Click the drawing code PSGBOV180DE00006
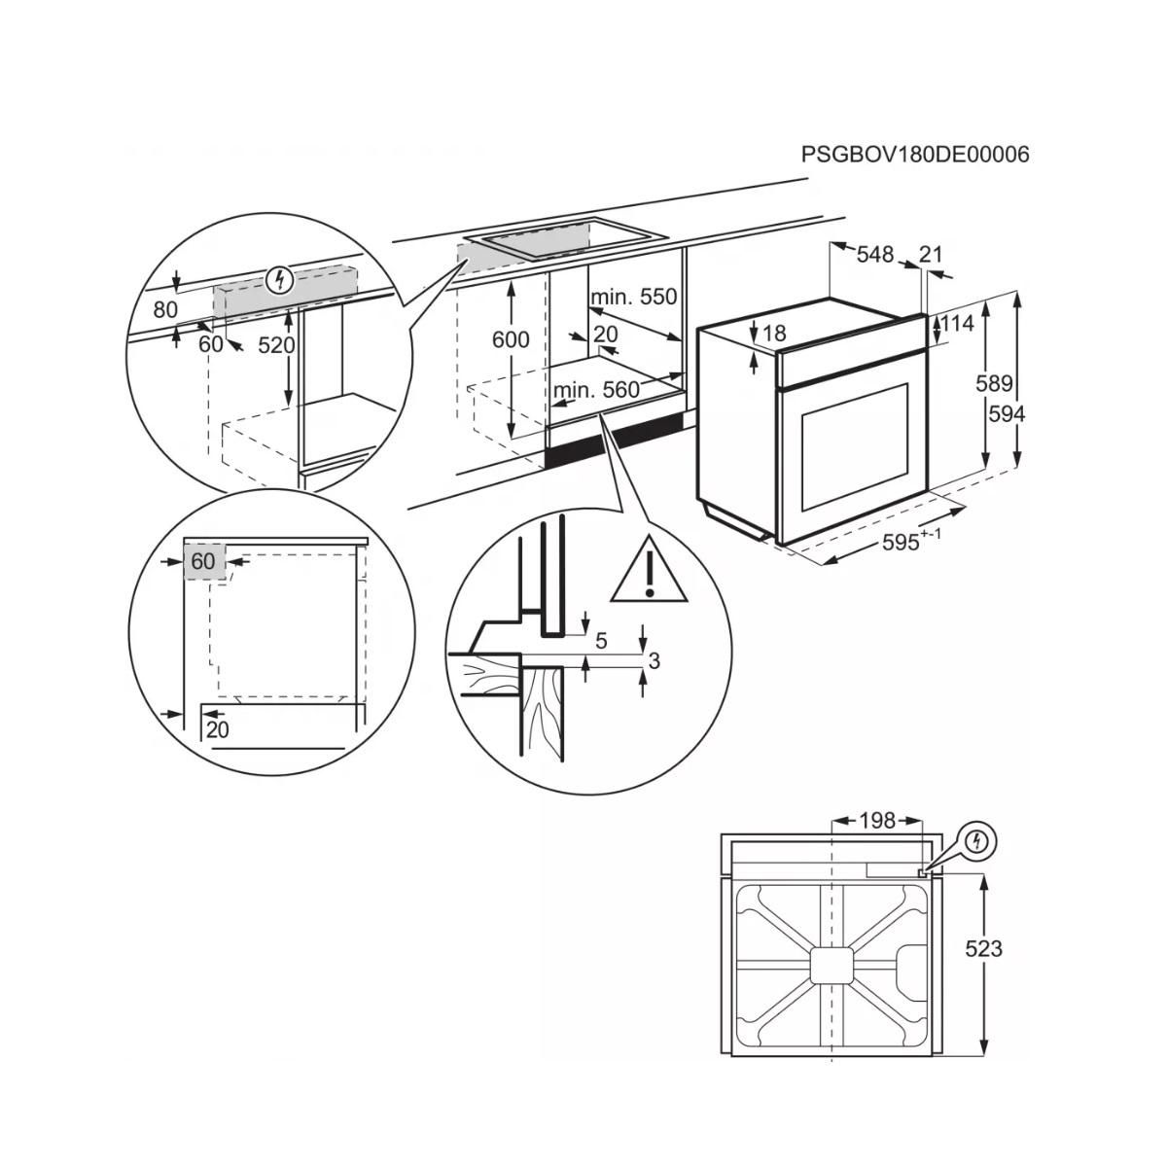pos(914,154)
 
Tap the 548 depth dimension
pos(874,255)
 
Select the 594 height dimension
pos(1007,414)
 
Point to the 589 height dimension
pos(994,383)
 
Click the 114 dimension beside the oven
pos(957,323)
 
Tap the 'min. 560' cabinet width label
pos(596,390)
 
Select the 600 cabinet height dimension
pos(511,339)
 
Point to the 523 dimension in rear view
pos(983,948)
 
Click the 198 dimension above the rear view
pos(876,822)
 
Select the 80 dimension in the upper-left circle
pos(165,310)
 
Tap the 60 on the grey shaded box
pos(202,562)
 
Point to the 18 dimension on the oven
pos(774,334)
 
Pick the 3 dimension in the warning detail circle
pos(654,660)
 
